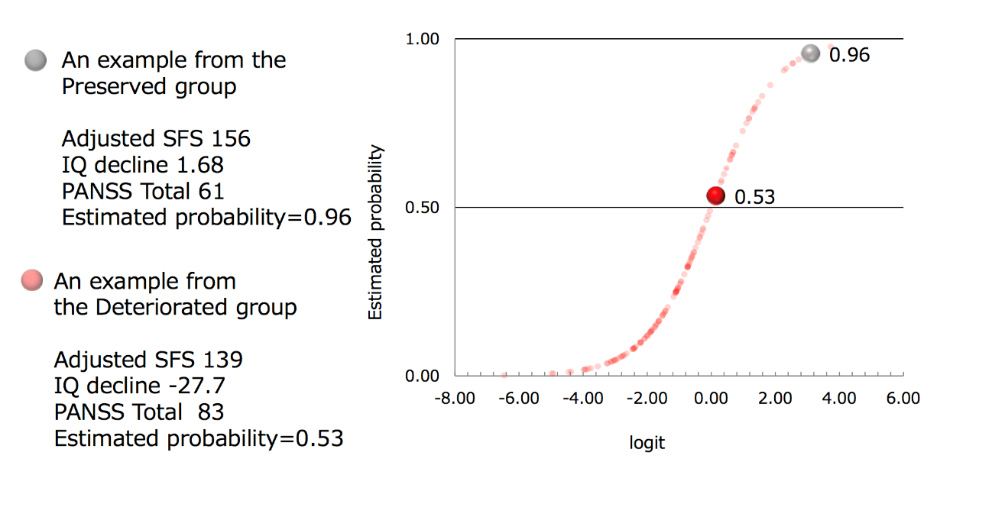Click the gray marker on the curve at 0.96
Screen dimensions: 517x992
tap(810, 53)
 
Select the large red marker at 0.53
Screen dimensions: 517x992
tap(715, 195)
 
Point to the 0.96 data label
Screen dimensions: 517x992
tap(849, 55)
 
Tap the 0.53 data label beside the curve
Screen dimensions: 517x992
tap(754, 198)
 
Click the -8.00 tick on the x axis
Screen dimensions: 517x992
tap(455, 399)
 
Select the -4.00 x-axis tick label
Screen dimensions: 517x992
tap(583, 399)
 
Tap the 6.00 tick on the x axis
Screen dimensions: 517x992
tap(903, 399)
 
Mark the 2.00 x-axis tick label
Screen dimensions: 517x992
tap(775, 399)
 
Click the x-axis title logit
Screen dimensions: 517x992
tap(647, 443)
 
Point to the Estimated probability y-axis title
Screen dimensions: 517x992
tap(375, 233)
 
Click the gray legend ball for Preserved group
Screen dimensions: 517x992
tap(35, 60)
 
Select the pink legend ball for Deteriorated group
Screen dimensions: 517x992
tap(33, 281)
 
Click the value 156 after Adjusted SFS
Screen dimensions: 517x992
tap(232, 138)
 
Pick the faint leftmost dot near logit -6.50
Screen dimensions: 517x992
tap(504, 375)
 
